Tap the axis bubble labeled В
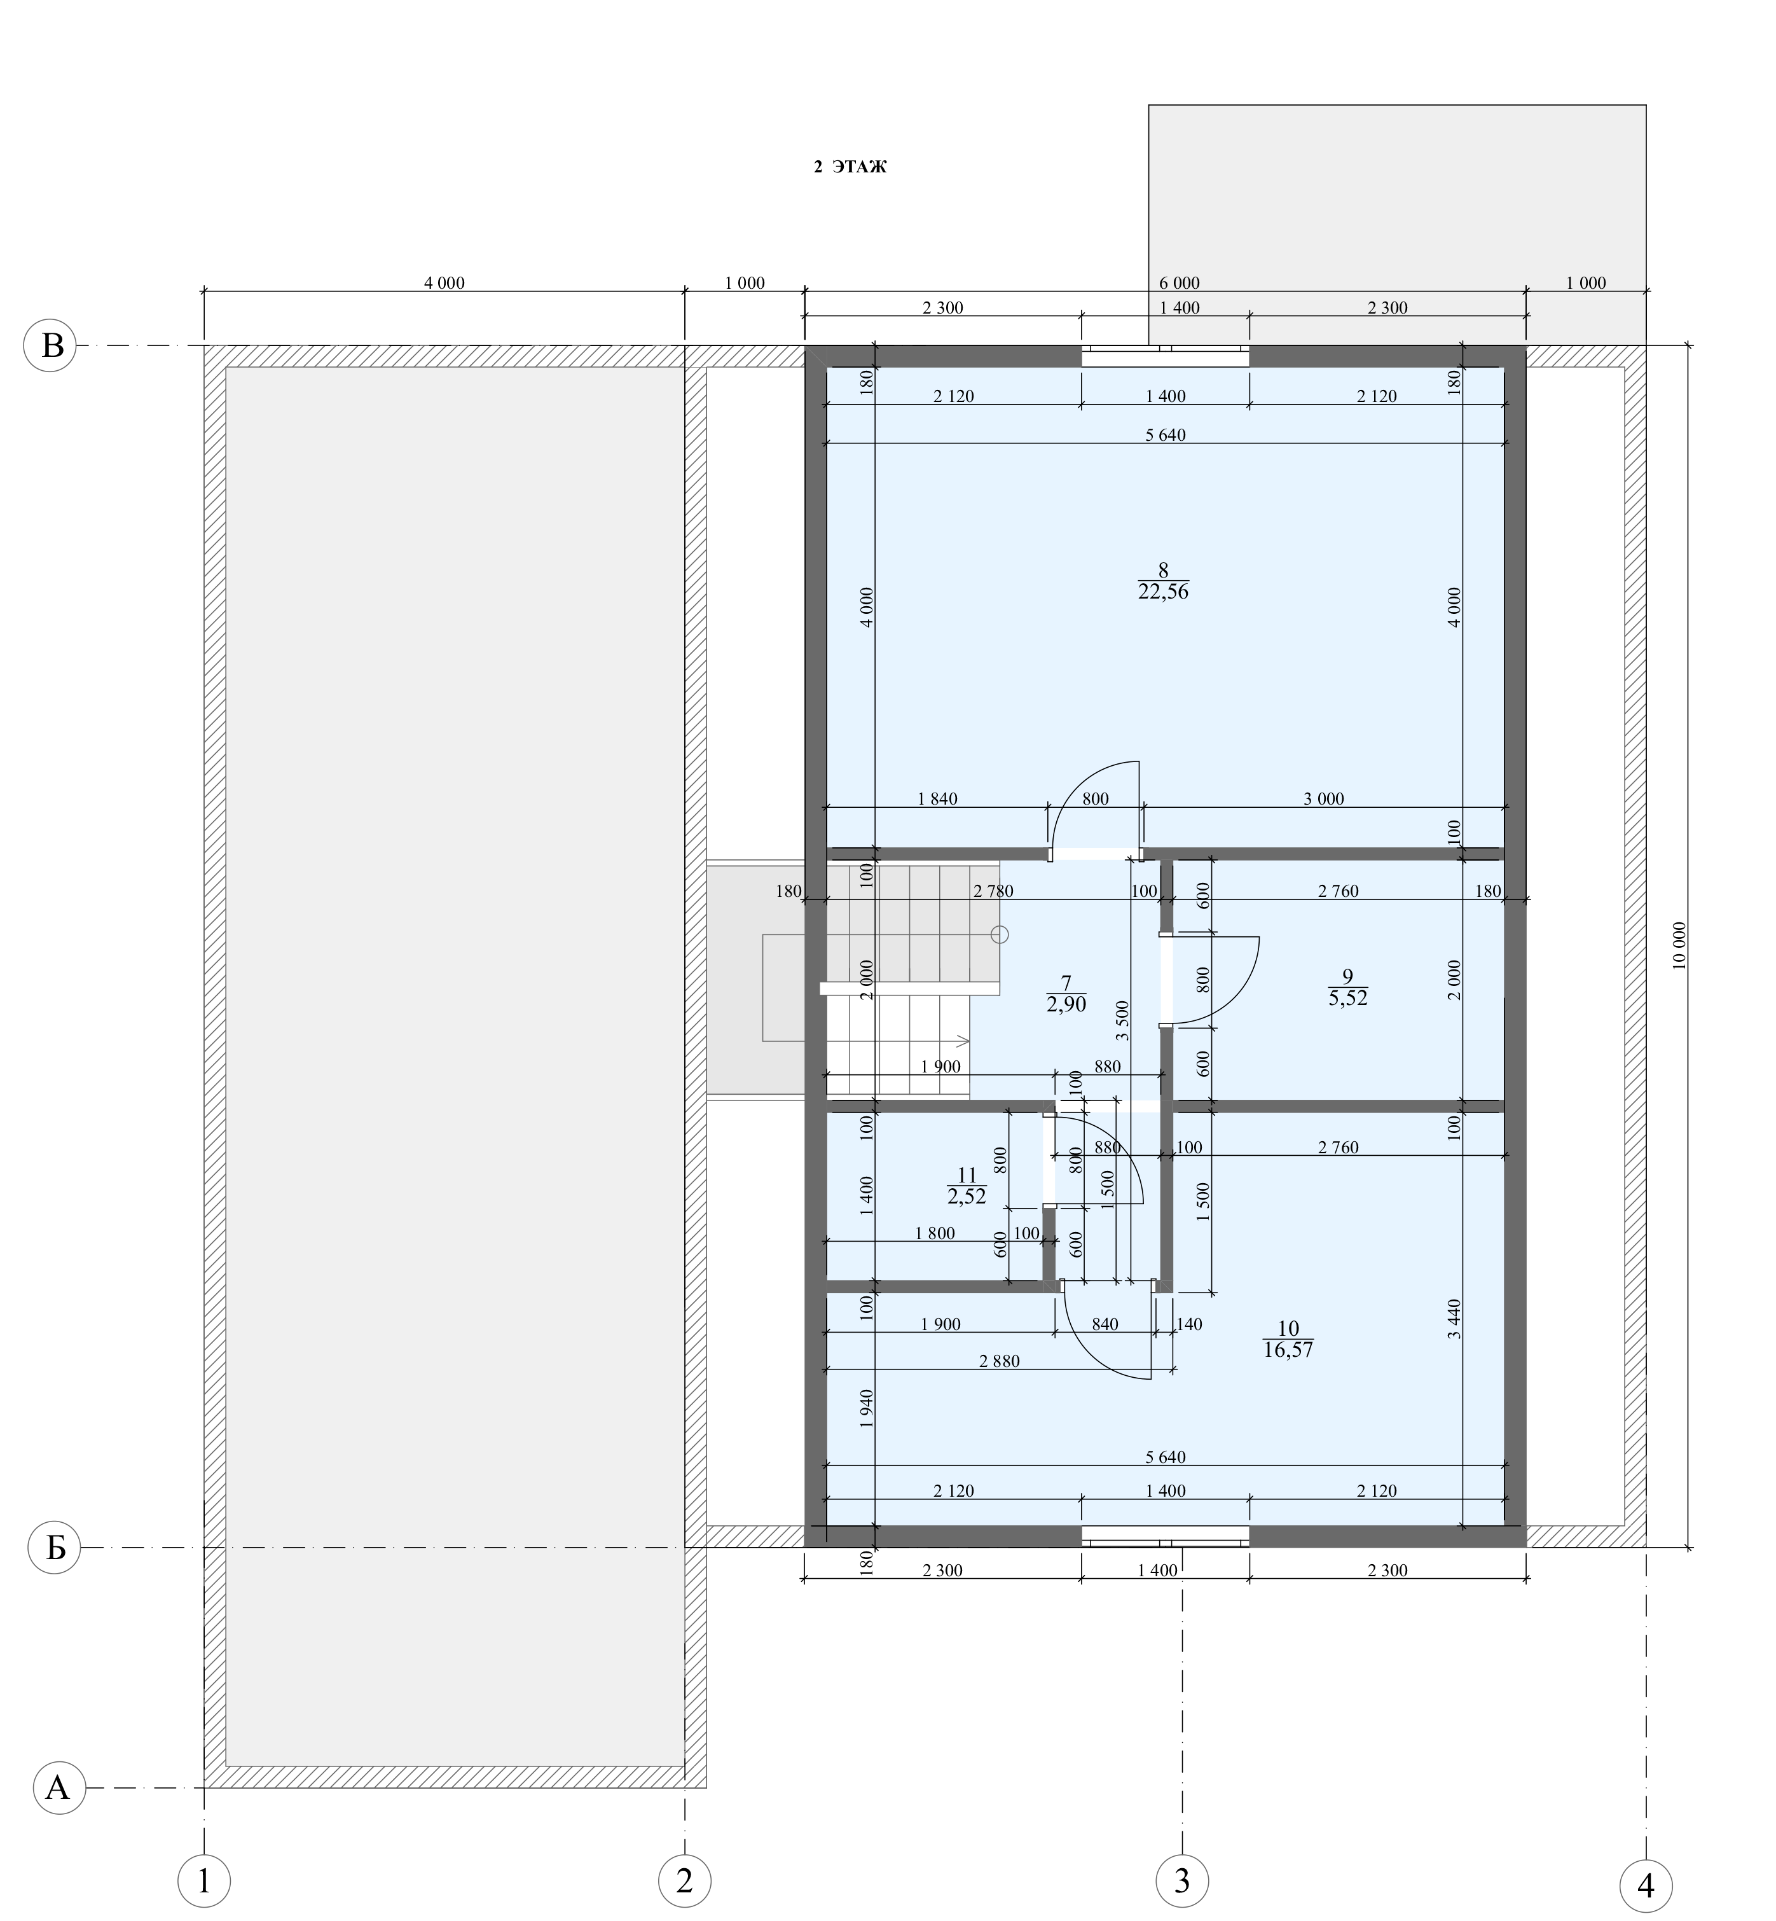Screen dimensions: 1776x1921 [50, 345]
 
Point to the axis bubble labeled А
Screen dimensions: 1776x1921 [60, 1787]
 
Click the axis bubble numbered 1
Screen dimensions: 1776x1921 [203, 1880]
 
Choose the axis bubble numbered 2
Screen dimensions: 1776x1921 [684, 1880]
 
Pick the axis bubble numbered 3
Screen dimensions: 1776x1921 [1182, 1880]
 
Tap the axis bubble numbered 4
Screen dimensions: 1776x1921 [1645, 1887]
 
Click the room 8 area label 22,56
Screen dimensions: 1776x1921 [1163, 592]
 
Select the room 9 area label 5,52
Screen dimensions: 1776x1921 [1347, 999]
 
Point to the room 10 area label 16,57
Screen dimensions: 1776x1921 [1289, 1350]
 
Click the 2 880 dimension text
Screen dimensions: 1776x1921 [1000, 1361]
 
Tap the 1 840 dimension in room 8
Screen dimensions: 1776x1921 [938, 799]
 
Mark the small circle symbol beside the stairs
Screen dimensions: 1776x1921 [1000, 934]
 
